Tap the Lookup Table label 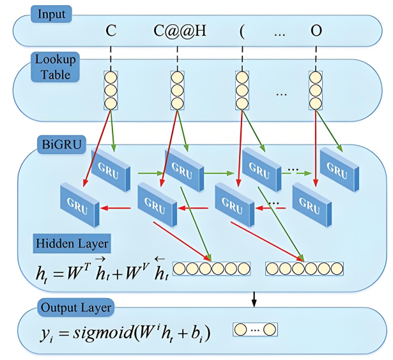click(56, 67)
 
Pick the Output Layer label click(76, 308)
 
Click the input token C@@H click(180, 31)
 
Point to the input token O click(316, 31)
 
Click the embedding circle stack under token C click(111, 90)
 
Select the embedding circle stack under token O click(316, 90)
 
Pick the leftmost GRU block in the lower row click(79, 201)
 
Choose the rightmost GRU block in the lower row click(311, 201)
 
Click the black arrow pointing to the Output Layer click(254, 297)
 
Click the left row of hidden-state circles click(212, 268)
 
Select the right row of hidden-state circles click(305, 268)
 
